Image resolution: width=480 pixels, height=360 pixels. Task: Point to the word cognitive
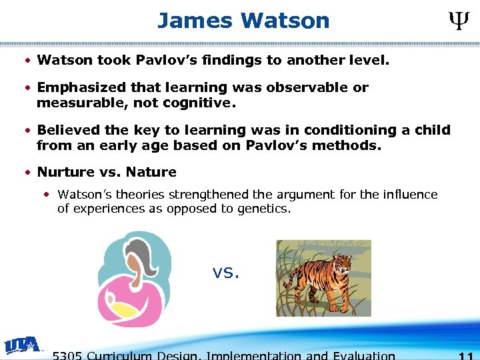click(199, 103)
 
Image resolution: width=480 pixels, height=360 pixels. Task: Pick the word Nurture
click(66, 172)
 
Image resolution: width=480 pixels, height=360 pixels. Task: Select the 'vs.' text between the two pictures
click(225, 272)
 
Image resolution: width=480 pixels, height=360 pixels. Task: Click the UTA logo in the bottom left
click(21, 345)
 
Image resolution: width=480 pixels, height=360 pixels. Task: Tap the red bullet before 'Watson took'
click(27, 61)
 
